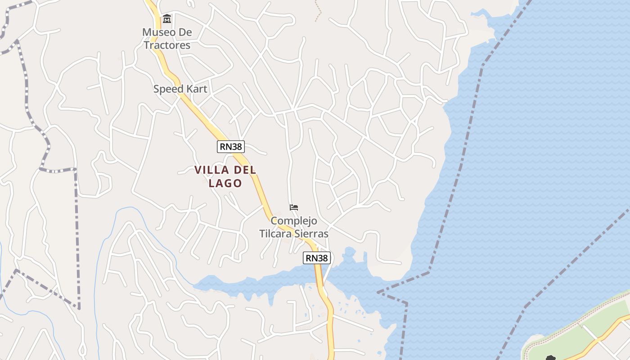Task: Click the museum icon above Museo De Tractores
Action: (x=167, y=19)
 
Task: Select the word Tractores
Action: (x=167, y=45)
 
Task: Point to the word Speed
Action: (x=166, y=89)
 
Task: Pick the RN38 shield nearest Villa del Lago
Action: (x=231, y=146)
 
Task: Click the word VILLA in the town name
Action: (x=210, y=170)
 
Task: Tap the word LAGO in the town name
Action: (x=225, y=183)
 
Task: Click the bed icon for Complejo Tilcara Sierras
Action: (x=294, y=207)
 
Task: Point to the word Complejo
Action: (x=294, y=221)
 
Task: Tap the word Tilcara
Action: (x=275, y=234)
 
